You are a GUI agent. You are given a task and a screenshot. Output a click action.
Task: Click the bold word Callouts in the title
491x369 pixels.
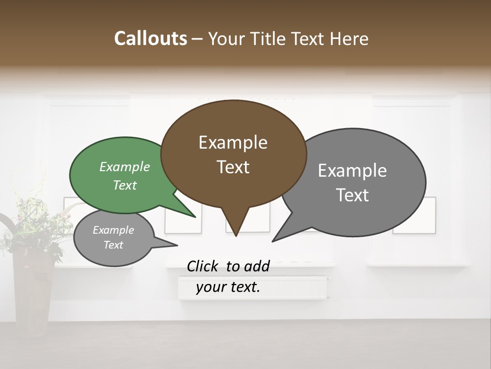150,38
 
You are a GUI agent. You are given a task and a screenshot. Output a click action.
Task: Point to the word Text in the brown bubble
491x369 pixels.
233,167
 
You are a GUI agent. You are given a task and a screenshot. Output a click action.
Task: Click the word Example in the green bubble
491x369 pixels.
124,167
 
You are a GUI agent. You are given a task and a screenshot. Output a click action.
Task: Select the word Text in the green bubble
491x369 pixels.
124,185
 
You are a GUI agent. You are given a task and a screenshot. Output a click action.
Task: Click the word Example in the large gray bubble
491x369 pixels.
352,170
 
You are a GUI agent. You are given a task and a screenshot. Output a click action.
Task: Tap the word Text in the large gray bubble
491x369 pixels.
352,195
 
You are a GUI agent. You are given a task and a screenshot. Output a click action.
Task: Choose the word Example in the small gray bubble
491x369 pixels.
113,230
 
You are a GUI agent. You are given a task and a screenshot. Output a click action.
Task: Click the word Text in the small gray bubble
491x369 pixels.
113,245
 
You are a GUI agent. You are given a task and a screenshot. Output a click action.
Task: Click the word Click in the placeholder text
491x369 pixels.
204,266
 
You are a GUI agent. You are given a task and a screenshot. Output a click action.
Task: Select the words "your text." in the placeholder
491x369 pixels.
228,288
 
